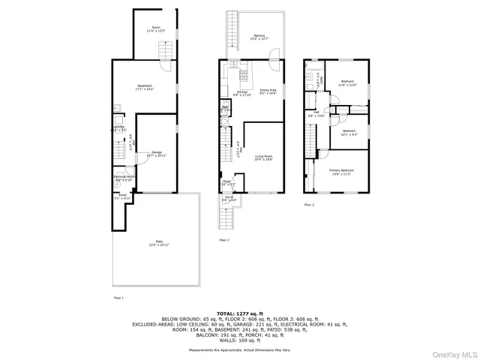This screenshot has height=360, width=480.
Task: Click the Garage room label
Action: pos(156,153)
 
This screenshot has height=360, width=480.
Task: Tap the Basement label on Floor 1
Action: pos(145,87)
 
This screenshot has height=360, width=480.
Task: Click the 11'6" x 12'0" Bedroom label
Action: pos(347,82)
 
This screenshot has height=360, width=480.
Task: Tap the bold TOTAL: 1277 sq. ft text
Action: pos(240,312)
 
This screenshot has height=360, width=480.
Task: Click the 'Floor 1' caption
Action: pos(118,298)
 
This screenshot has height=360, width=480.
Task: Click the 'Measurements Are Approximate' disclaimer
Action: pos(240,350)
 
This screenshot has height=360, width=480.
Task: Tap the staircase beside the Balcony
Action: pos(230,37)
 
